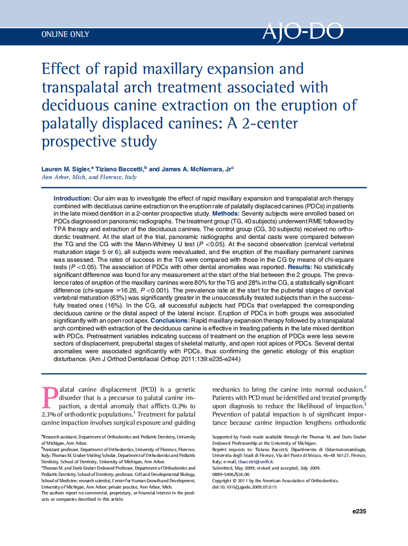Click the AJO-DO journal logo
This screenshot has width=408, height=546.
(302, 33)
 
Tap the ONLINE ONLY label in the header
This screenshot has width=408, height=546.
(65, 35)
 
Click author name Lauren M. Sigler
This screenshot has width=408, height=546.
(66, 169)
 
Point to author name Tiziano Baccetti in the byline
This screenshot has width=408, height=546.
(119, 169)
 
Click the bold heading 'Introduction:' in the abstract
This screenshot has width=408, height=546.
(73, 199)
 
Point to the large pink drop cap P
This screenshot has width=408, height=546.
(50, 398)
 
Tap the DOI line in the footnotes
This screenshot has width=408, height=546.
(244, 487)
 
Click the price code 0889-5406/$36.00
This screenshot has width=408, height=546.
(231, 474)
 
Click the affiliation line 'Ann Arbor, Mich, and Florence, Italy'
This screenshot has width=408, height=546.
(89, 177)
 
